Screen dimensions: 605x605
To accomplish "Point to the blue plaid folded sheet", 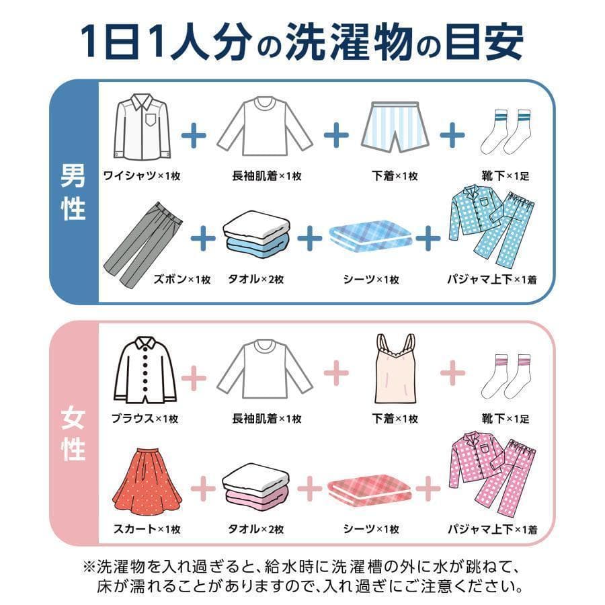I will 371,239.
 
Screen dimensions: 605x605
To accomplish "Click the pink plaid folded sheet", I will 371,485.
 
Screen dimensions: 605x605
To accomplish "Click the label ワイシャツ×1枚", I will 142,176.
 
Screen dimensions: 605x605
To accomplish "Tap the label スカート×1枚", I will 146,529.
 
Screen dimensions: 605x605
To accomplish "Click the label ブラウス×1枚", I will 145,418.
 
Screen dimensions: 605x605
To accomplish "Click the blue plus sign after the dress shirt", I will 194,135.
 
